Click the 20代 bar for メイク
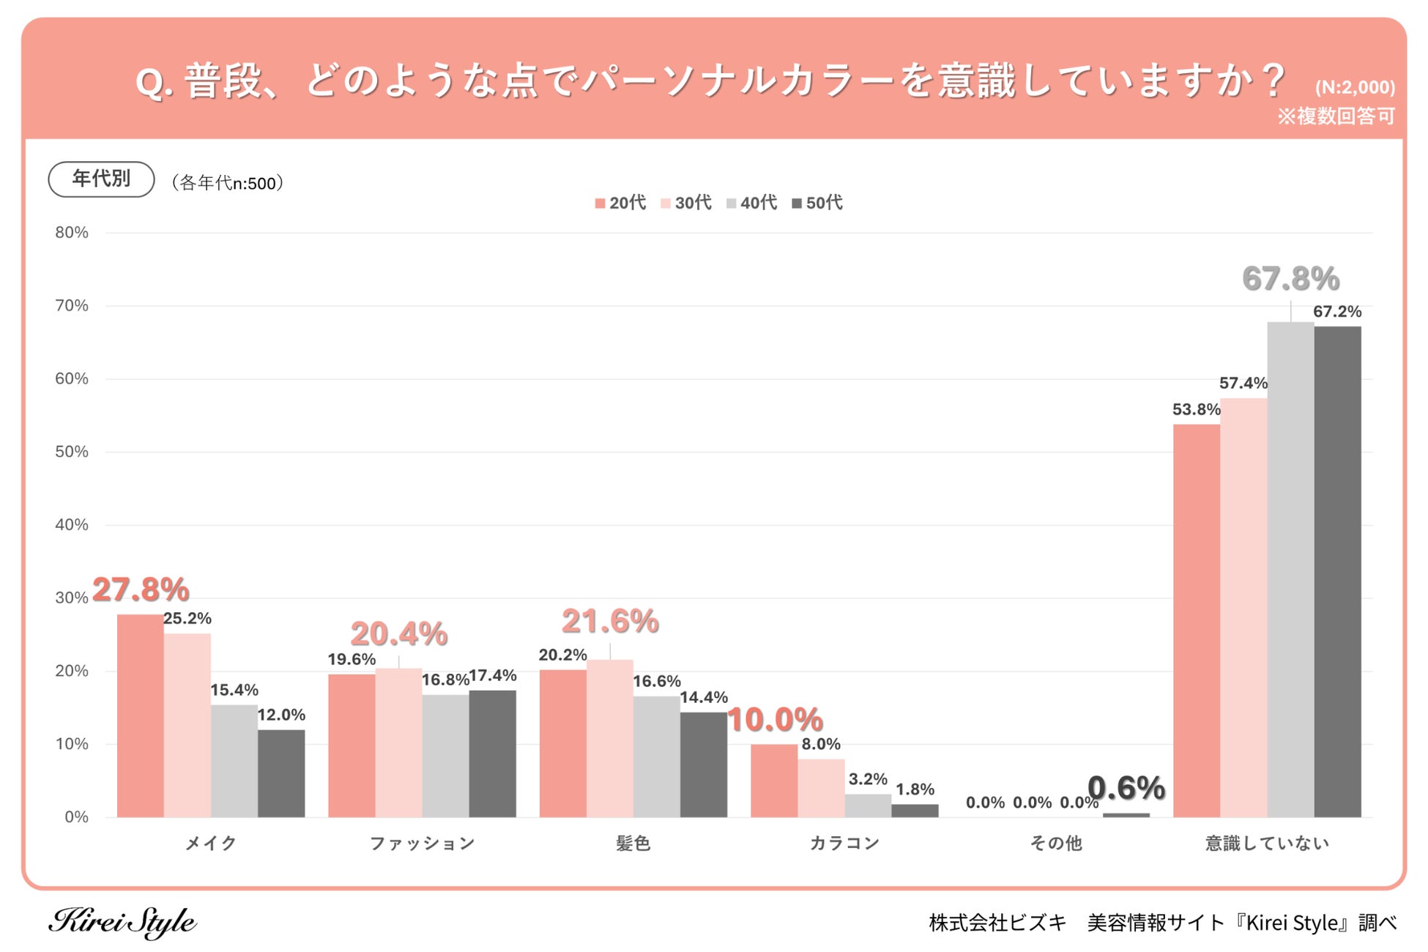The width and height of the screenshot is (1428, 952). [x=141, y=715]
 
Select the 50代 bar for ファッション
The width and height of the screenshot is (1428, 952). [x=492, y=754]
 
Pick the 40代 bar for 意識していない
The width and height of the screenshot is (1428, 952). [x=1290, y=570]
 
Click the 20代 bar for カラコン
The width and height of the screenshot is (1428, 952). [x=774, y=781]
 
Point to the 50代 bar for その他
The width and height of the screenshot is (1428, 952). [x=1126, y=815]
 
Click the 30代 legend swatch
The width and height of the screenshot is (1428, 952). [x=666, y=204]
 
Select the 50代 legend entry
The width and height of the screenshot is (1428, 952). [x=817, y=203]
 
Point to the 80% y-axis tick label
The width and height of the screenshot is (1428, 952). [x=72, y=233]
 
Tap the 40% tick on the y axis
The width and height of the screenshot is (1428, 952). [x=72, y=525]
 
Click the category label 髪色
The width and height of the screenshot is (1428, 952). [x=633, y=844]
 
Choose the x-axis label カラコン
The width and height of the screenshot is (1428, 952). [x=844, y=844]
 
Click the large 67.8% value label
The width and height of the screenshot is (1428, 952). [x=1290, y=279]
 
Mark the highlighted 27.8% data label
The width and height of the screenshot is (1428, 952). [x=141, y=590]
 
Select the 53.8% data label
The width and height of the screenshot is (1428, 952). [x=1196, y=409]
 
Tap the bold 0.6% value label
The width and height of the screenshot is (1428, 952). [x=1126, y=788]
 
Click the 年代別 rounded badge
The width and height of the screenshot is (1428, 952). [x=101, y=179]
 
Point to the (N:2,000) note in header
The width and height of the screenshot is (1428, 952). [x=1355, y=88]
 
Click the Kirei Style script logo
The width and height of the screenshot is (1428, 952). [x=122, y=922]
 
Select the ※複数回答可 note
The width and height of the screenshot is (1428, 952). [x=1336, y=116]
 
